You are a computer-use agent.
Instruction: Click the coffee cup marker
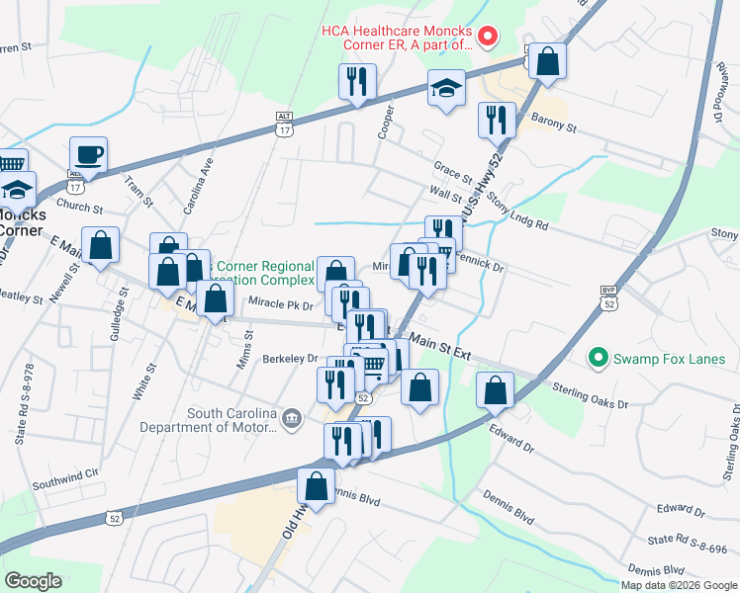click(x=89, y=155)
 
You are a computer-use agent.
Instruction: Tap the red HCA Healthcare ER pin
click(x=487, y=38)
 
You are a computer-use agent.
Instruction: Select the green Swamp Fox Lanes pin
click(x=598, y=356)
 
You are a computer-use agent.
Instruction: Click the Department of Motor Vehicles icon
click(x=291, y=419)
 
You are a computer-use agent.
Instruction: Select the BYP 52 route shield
click(x=608, y=296)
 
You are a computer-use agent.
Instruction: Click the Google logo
click(x=33, y=581)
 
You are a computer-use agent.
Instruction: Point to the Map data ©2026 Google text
click(x=678, y=585)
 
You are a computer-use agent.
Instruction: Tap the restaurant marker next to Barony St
click(x=497, y=120)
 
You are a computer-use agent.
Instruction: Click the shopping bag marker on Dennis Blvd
click(x=316, y=486)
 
